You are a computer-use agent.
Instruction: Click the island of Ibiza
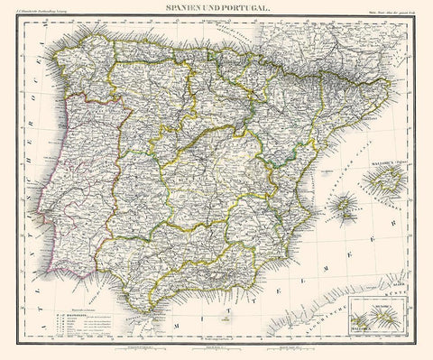(x=343, y=213)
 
